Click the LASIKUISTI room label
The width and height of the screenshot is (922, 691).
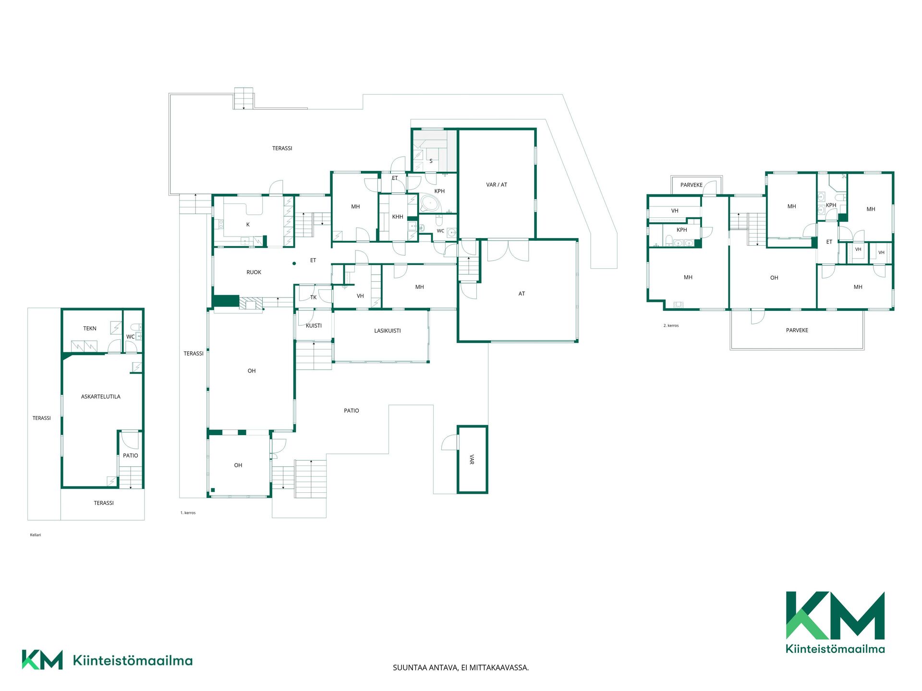point(388,331)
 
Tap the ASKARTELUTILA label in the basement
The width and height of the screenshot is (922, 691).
point(101,397)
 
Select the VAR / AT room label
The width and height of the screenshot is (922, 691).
point(497,185)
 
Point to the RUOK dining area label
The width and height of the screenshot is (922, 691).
point(254,273)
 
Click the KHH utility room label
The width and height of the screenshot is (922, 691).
point(398,217)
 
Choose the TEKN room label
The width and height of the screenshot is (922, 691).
point(90,329)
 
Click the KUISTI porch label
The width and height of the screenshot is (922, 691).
point(314,326)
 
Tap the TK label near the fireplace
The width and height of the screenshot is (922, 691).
point(314,298)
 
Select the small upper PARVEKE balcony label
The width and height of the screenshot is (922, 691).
point(691,185)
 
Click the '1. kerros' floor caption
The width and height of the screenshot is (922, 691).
point(188,513)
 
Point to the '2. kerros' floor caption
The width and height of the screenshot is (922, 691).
point(671,326)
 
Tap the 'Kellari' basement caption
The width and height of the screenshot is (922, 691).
point(36,535)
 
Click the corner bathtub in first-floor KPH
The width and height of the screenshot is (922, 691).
point(430,204)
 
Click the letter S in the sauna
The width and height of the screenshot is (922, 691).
point(431,161)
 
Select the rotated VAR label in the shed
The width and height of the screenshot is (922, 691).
point(472,460)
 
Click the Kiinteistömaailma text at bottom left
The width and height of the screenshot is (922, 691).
point(133,661)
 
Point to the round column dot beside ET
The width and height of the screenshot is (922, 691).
point(294,263)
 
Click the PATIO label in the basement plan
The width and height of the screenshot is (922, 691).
point(131,456)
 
